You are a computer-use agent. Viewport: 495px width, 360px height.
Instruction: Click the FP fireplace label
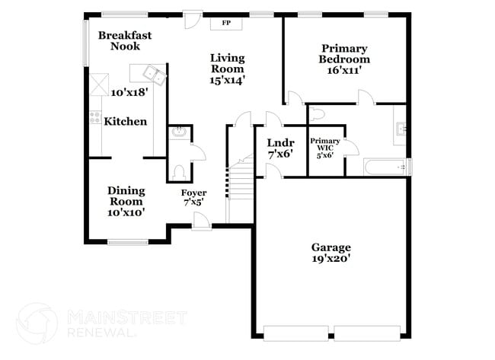[226, 23]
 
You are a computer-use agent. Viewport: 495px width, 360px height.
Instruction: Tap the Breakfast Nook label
[125, 40]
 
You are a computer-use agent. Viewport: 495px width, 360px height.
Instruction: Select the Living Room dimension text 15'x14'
[227, 78]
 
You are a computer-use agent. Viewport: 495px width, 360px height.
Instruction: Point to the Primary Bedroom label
[344, 53]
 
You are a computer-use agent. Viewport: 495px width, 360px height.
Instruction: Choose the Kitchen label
[126, 122]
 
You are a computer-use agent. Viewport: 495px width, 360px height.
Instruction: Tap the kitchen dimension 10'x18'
[128, 93]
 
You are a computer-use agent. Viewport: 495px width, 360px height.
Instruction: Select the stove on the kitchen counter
[95, 118]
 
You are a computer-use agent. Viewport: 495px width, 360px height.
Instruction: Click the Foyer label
[193, 193]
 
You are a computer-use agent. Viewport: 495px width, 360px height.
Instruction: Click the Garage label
[331, 247]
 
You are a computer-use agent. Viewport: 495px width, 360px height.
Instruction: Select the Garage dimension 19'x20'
[331, 259]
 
